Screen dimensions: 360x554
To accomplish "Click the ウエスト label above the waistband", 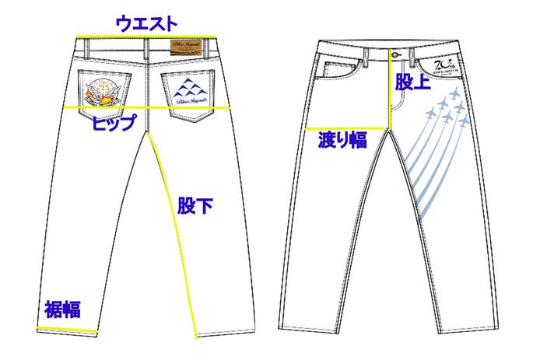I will pos(146,23).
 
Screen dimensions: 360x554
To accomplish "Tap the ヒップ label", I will pos(114,122).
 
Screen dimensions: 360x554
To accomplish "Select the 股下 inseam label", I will pos(195,207).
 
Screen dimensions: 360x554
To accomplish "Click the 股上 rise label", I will pos(411,82).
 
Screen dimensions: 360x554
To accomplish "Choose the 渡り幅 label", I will pos(342,141).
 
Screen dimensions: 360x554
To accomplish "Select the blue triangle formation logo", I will pos(188,87).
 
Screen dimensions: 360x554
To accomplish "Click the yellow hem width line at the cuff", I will pos(67,331).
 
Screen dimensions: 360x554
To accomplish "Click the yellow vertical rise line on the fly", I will pos(389,86).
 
